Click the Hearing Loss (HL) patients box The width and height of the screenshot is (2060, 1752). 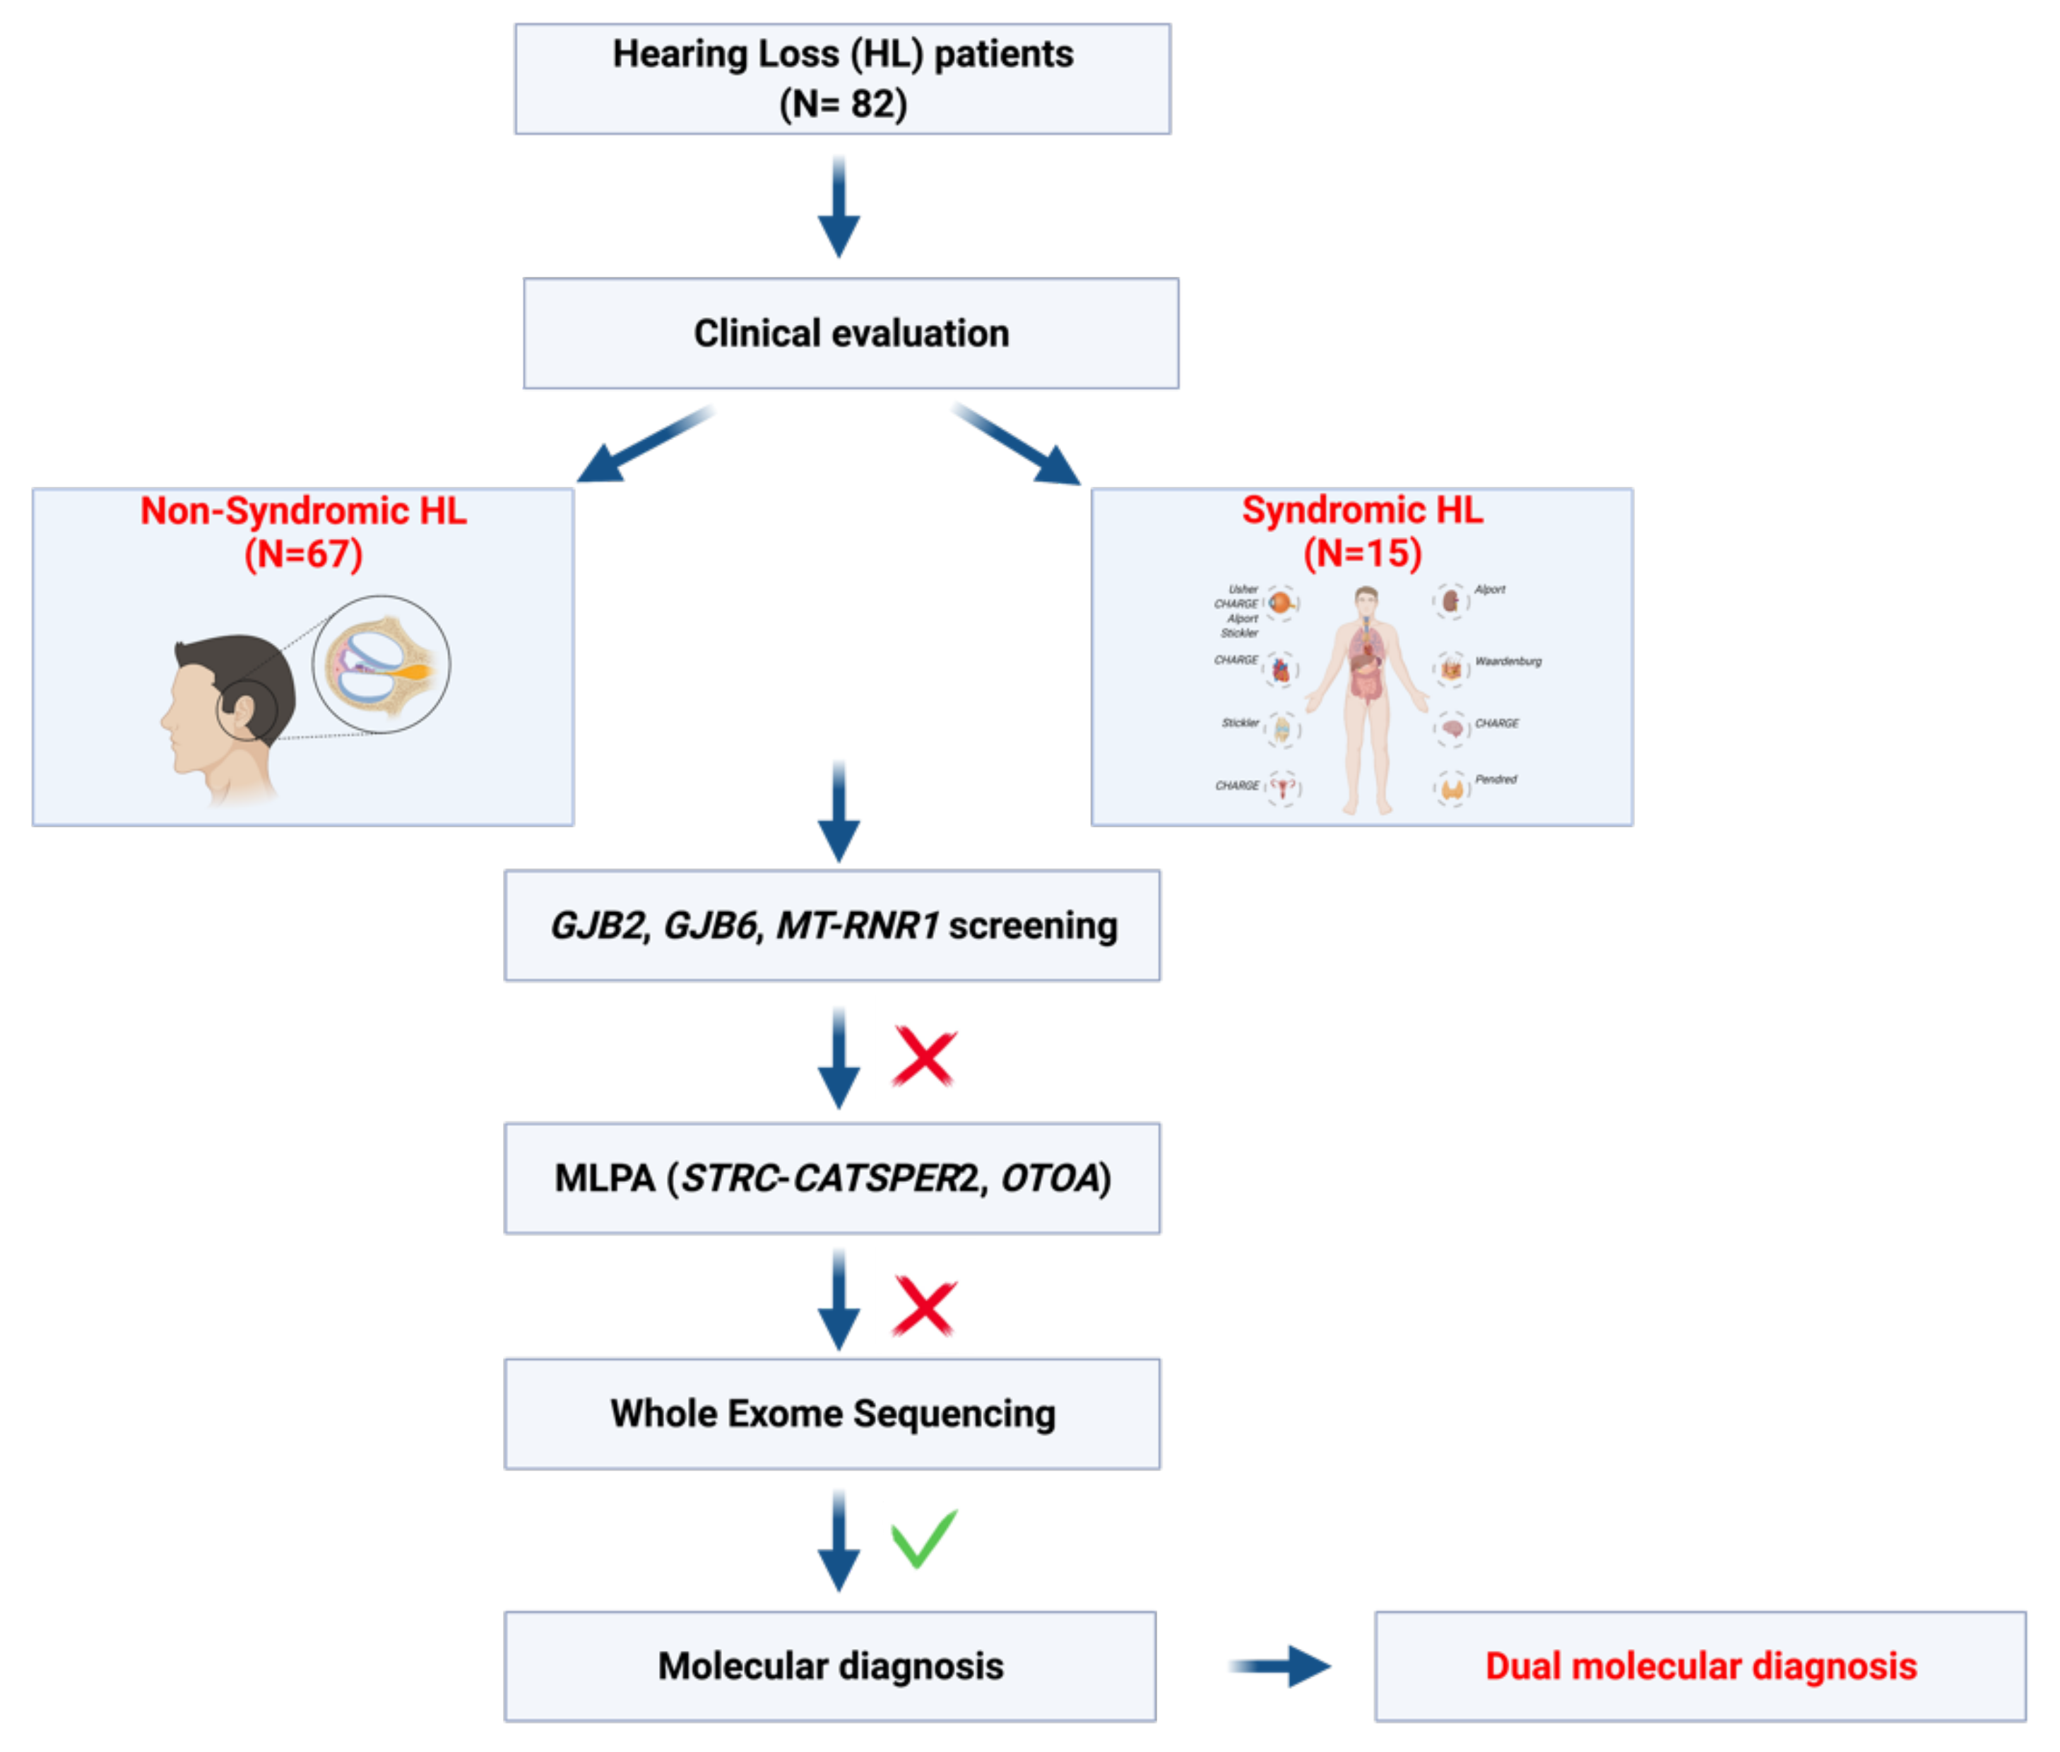pos(841,78)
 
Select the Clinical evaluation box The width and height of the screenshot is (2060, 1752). pos(851,333)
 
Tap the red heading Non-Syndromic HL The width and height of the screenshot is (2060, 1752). pos(303,511)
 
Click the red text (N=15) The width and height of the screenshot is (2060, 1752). pos(1362,553)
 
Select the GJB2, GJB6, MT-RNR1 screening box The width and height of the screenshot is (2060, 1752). pos(831,925)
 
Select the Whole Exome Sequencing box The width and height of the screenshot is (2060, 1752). pos(831,1414)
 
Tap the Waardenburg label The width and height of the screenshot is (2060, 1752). pos(1507,661)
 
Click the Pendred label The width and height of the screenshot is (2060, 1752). pos(1494,780)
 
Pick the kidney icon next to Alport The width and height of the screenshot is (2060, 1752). pos(1450,601)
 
